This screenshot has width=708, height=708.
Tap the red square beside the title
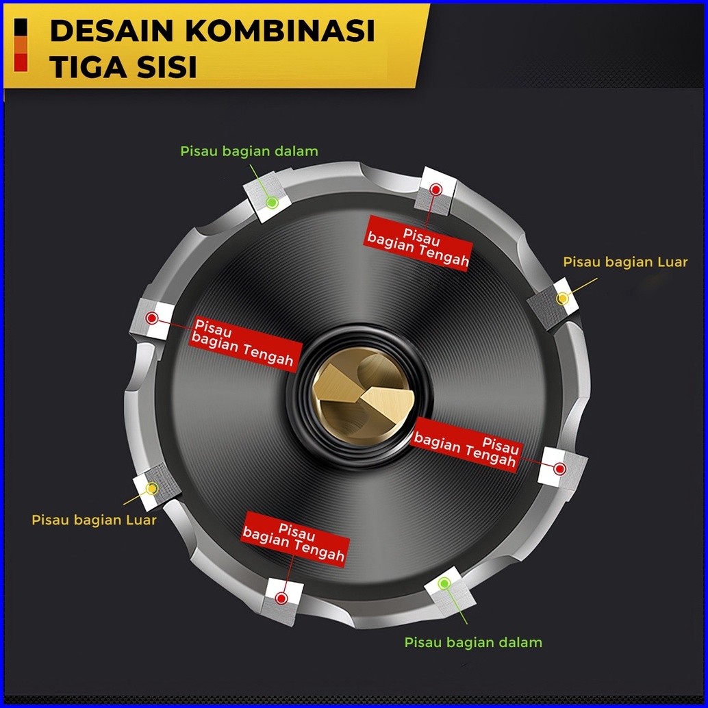tap(21, 63)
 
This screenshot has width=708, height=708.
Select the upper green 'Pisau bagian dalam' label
tap(249, 151)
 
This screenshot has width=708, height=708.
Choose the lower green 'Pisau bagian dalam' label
tap(473, 643)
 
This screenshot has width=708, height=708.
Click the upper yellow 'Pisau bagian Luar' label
tap(625, 262)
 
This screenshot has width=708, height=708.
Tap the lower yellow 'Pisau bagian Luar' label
tap(94, 520)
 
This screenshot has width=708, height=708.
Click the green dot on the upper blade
tap(272, 202)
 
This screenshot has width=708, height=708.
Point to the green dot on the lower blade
tap(444, 583)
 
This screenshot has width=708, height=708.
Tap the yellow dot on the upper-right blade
tap(563, 299)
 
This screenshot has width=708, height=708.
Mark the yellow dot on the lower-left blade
tap(151, 488)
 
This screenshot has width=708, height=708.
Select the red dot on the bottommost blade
tap(281, 598)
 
